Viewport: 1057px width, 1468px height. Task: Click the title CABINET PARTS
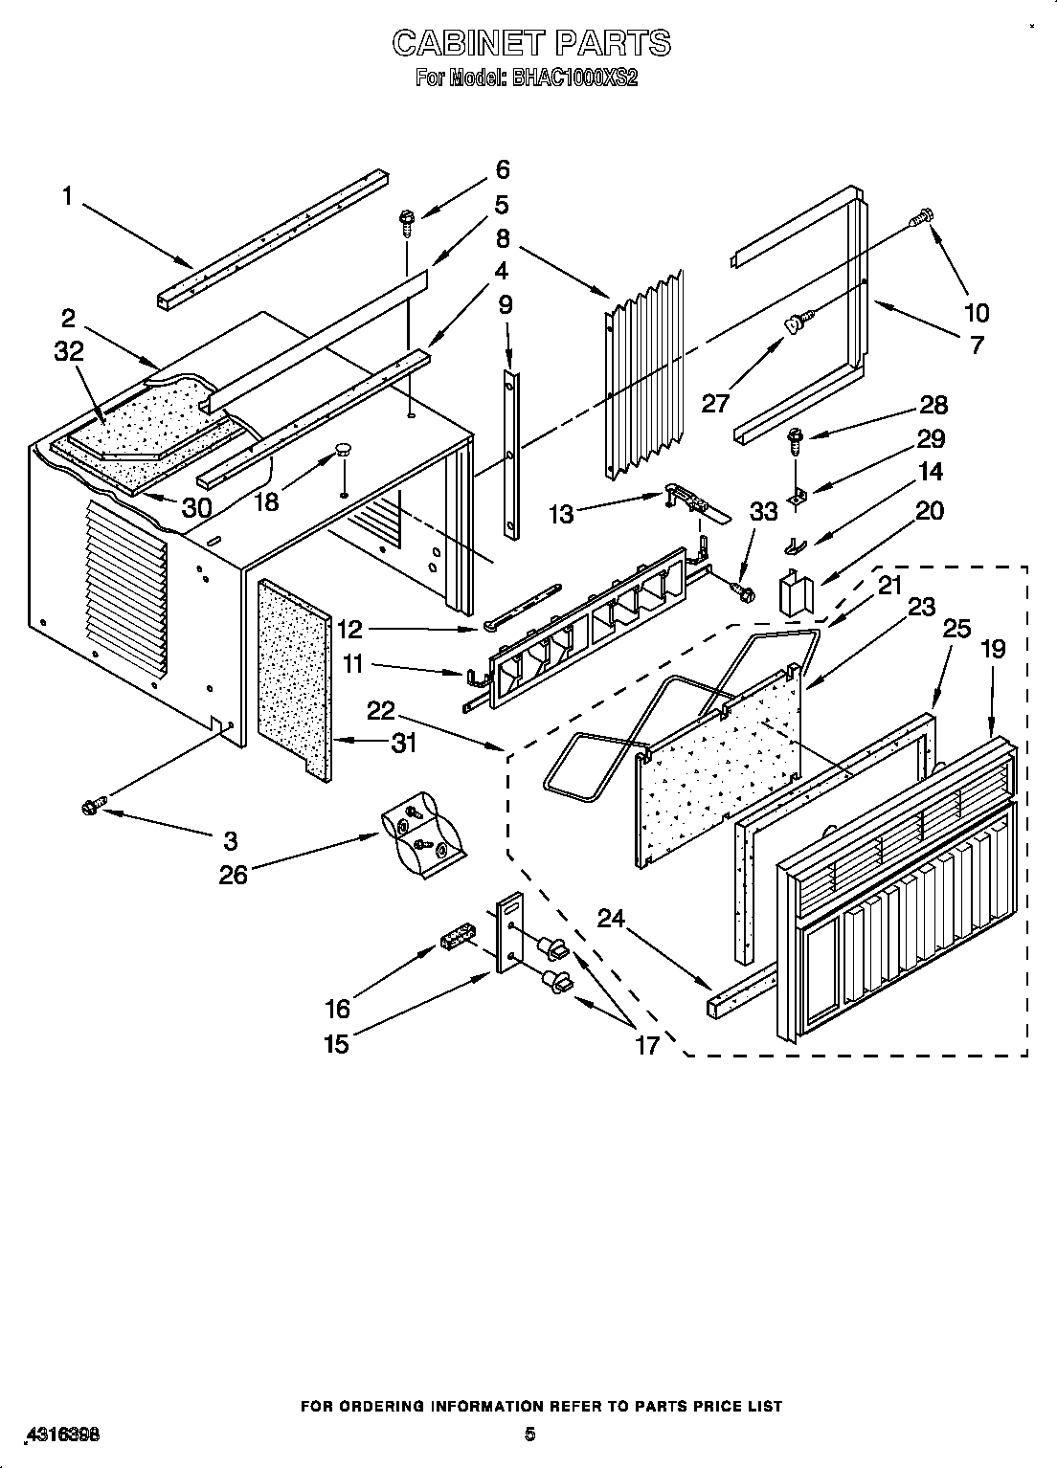tap(531, 43)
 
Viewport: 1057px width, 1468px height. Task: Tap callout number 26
tap(234, 874)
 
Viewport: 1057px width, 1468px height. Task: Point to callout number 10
tap(977, 312)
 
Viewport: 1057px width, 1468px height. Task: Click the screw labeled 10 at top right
tap(924, 217)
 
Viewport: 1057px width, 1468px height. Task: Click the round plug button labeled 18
tap(343, 449)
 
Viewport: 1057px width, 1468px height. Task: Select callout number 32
tap(70, 351)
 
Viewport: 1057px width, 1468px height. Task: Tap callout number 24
tap(611, 919)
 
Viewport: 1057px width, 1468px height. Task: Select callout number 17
tap(647, 1045)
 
